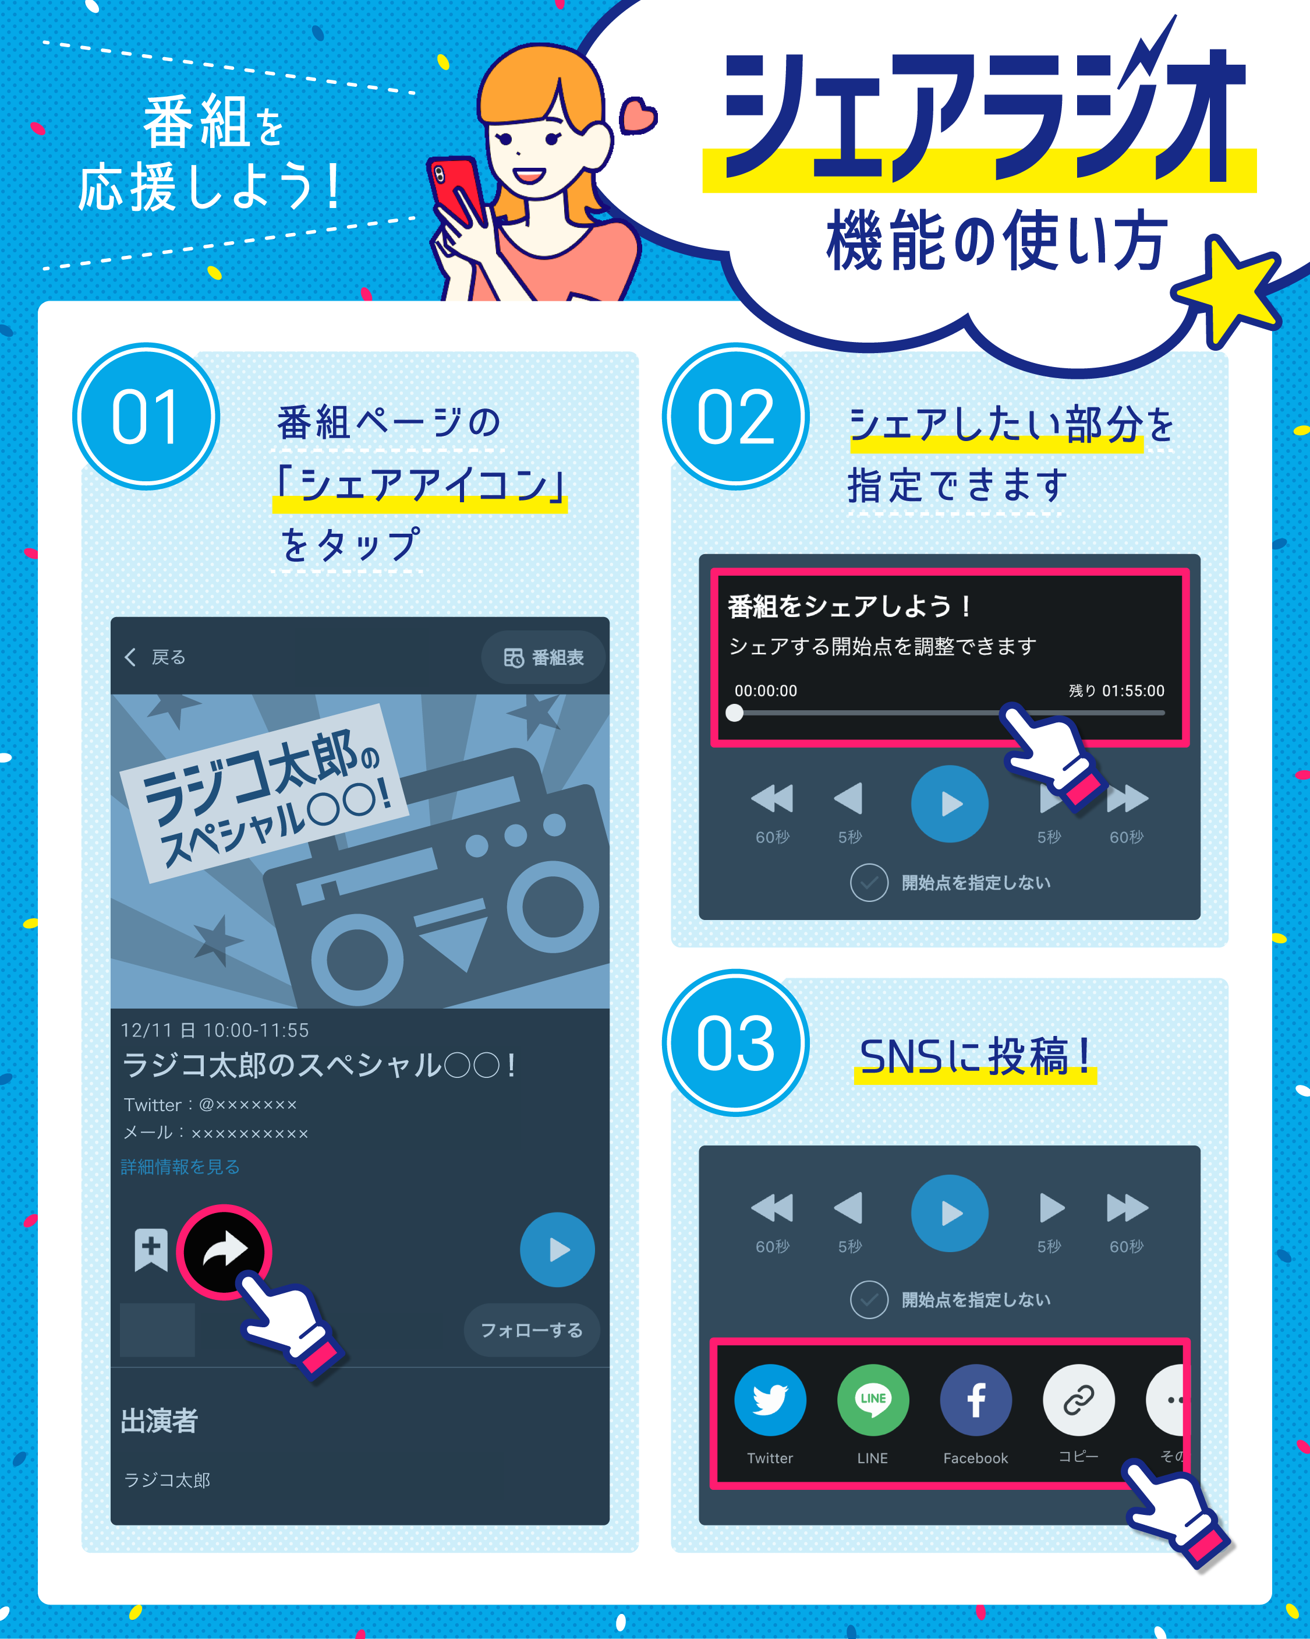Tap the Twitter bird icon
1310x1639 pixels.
tap(770, 1400)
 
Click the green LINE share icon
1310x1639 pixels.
tap(872, 1400)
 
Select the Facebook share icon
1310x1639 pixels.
tap(976, 1400)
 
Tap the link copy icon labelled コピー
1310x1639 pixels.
tap(1078, 1400)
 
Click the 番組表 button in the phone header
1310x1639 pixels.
tap(543, 658)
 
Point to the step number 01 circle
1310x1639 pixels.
tap(146, 417)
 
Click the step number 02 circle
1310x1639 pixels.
tap(735, 417)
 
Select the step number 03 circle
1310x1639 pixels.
tap(735, 1043)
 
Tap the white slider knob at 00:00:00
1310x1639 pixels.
tap(734, 713)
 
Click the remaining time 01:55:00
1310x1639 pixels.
tap(1132, 691)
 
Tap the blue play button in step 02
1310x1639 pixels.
tap(949, 803)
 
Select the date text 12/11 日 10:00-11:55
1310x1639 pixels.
tap(215, 1031)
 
